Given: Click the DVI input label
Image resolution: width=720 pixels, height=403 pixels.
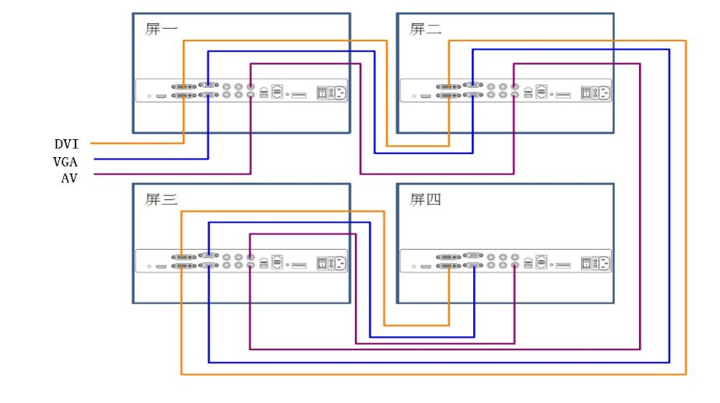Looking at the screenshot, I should [66, 144].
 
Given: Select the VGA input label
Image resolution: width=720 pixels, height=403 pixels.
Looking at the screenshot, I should [66, 161].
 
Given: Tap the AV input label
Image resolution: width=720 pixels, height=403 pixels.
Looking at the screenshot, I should [69, 177].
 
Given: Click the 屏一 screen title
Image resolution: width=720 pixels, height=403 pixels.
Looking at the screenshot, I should [161, 30].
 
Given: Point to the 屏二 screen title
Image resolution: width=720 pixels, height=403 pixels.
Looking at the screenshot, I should [426, 30].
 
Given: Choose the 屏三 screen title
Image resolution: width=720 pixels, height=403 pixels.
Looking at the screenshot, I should [161, 200].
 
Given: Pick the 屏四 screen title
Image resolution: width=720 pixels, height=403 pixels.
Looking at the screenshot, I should [426, 200].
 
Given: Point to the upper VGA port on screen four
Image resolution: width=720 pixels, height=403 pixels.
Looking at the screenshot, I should [472, 255].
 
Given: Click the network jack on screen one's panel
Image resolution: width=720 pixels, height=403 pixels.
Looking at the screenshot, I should [278, 91].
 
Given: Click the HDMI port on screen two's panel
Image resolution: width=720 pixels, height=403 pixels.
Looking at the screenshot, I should [426, 97].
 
